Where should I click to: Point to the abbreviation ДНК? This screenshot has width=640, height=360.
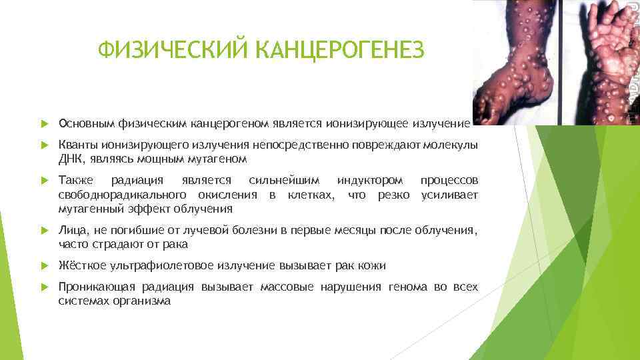tap(70, 159)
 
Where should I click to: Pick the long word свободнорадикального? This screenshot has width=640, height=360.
tap(121, 195)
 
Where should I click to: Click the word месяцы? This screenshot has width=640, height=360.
tap(354, 230)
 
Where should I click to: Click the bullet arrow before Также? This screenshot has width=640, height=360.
tap(45, 181)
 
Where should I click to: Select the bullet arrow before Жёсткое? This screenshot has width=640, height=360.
tap(45, 265)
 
